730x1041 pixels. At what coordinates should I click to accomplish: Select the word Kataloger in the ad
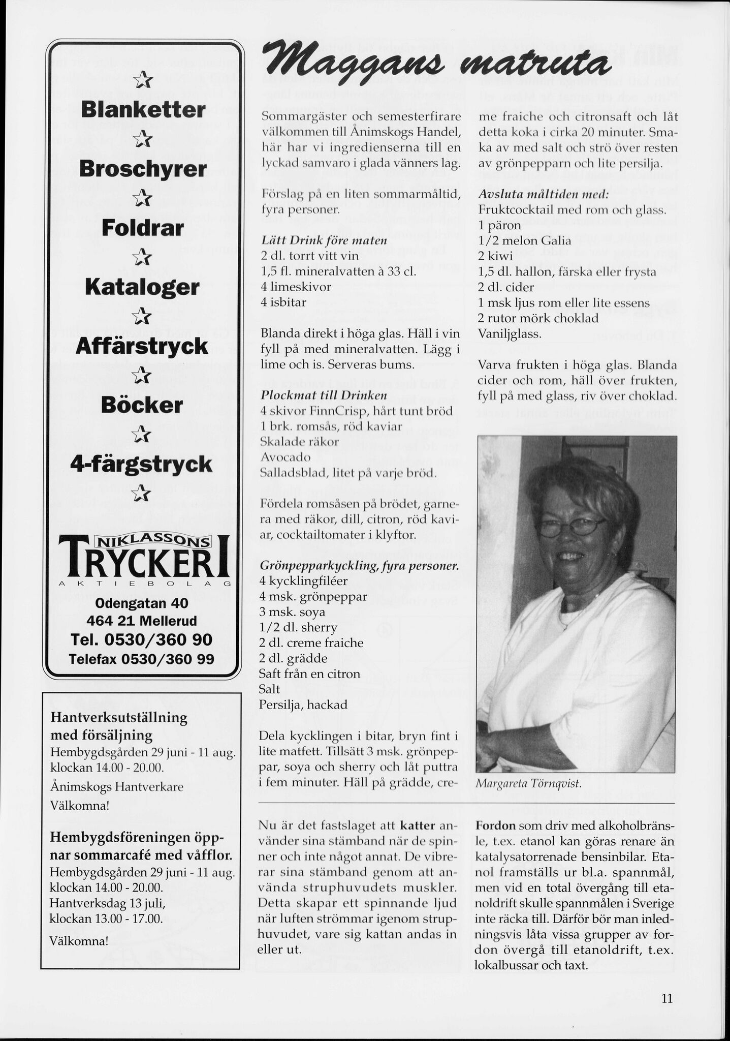click(142, 287)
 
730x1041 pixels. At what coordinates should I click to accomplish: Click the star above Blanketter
click(142, 80)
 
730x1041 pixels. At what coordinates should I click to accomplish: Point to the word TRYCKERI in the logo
click(144, 563)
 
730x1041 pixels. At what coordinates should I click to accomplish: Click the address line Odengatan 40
click(142, 603)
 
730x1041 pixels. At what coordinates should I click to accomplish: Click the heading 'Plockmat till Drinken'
click(316, 395)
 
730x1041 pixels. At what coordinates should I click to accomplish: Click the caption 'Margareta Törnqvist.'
click(528, 784)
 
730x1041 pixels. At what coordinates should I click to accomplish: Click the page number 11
click(667, 998)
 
